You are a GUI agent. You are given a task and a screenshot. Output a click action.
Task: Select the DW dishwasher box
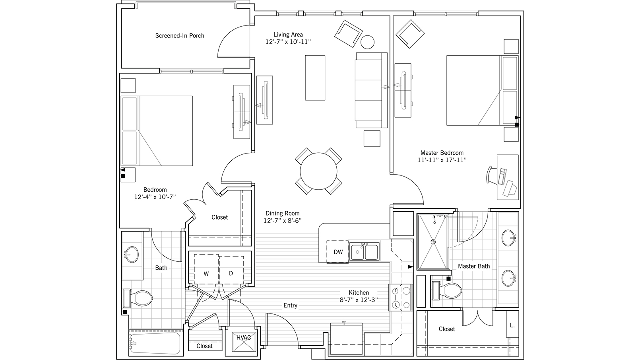[338, 252]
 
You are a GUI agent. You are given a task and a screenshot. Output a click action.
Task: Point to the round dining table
[318, 172]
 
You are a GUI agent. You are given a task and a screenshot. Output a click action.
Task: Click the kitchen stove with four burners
[401, 297]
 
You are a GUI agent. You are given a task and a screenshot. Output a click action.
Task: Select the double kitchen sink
[365, 252]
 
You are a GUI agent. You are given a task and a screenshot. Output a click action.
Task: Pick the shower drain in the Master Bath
[433, 241]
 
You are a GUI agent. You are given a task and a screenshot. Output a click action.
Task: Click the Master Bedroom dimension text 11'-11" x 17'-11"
[442, 160]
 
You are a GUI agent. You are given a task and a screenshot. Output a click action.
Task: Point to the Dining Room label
[282, 213]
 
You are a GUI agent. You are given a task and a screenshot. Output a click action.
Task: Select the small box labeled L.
[512, 325]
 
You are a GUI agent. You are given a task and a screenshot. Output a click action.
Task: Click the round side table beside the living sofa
[367, 42]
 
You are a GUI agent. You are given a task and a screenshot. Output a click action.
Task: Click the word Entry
[290, 306]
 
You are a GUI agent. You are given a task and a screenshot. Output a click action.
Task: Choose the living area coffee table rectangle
[315, 78]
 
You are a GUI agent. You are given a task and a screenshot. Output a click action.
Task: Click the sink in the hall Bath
[132, 254]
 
